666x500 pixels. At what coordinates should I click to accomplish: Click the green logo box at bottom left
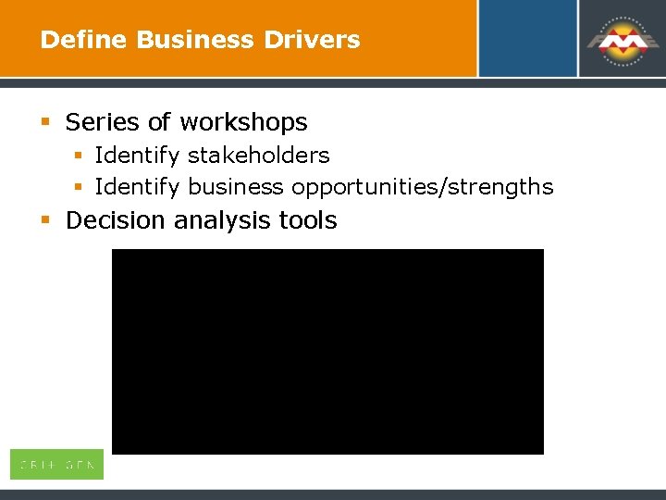coord(56,465)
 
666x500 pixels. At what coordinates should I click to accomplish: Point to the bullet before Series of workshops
coord(45,122)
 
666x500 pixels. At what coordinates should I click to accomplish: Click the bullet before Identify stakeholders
coord(80,156)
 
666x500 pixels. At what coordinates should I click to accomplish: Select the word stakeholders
coord(259,156)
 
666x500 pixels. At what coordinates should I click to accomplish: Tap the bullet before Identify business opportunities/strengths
coord(80,187)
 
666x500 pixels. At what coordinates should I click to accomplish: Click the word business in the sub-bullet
coord(236,187)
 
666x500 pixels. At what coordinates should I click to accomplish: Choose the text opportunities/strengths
coord(422,188)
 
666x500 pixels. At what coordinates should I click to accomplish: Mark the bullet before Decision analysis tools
coord(45,220)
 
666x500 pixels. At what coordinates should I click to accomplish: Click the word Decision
coord(116,220)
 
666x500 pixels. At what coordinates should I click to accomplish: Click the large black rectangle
coord(327,352)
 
